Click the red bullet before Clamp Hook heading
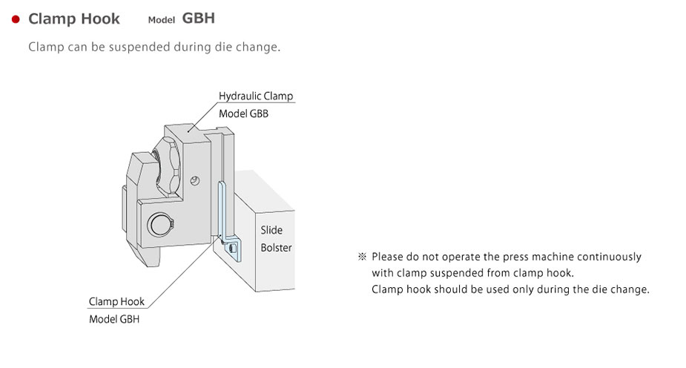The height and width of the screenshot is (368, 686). pos(16,19)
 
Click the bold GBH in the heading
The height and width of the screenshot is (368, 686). pos(198,18)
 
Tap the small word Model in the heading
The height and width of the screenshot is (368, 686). pos(161,20)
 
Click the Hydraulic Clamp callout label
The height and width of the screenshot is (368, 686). pos(256,96)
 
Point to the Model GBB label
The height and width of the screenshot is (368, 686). pos(243,114)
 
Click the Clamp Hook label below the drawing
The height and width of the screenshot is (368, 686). pos(116,302)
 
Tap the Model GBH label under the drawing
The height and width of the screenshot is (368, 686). pos(113,320)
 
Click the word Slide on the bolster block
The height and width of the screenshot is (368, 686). pos(271,230)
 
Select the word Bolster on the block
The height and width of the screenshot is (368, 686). pos(276,248)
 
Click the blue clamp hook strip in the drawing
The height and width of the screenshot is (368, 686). pos(221,211)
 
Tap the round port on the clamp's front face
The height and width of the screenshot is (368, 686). pos(159,223)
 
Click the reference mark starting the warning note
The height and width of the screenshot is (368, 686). pos(363,257)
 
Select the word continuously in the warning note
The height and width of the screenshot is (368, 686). pos(606,257)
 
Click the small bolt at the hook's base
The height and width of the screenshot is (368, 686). pos(233,247)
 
